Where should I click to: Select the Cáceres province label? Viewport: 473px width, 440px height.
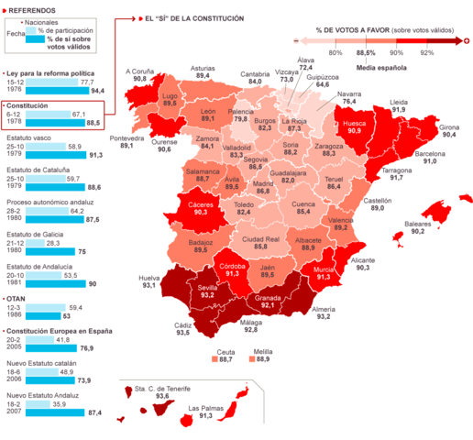coord(200,204)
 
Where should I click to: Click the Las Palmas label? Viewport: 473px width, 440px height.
coord(204,408)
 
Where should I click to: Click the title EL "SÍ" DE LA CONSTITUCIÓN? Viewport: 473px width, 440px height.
coord(194,17)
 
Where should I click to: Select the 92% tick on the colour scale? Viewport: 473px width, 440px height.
coord(427,53)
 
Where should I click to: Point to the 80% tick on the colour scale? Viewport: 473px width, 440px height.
coord(335,53)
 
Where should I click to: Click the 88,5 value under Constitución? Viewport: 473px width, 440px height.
coord(93,122)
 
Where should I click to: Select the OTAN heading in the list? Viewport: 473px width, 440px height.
coord(16,298)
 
